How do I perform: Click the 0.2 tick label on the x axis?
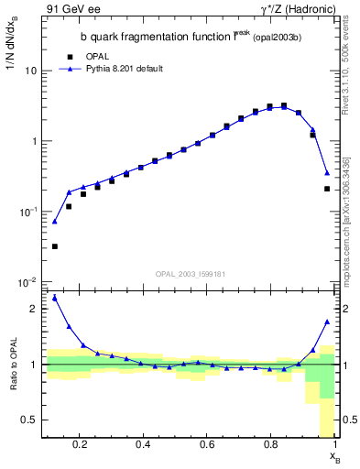coord(81,445)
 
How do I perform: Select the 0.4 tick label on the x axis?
coord(144,445)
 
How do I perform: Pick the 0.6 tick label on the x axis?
coord(207,445)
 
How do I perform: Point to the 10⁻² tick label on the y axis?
coord(29,282)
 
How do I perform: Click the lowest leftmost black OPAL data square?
coord(55,246)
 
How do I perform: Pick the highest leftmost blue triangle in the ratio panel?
coord(55,298)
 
